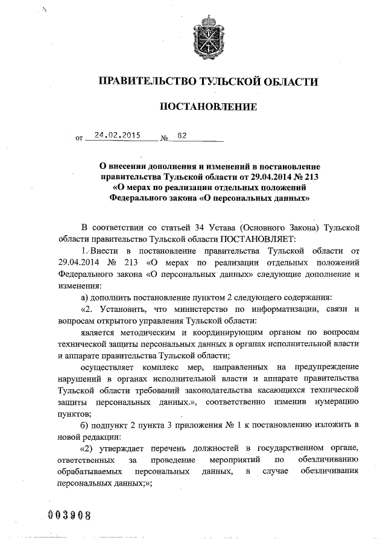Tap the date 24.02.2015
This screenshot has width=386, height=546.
tap(113, 136)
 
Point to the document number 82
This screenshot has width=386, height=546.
tap(182, 136)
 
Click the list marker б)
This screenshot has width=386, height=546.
tap(86, 424)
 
